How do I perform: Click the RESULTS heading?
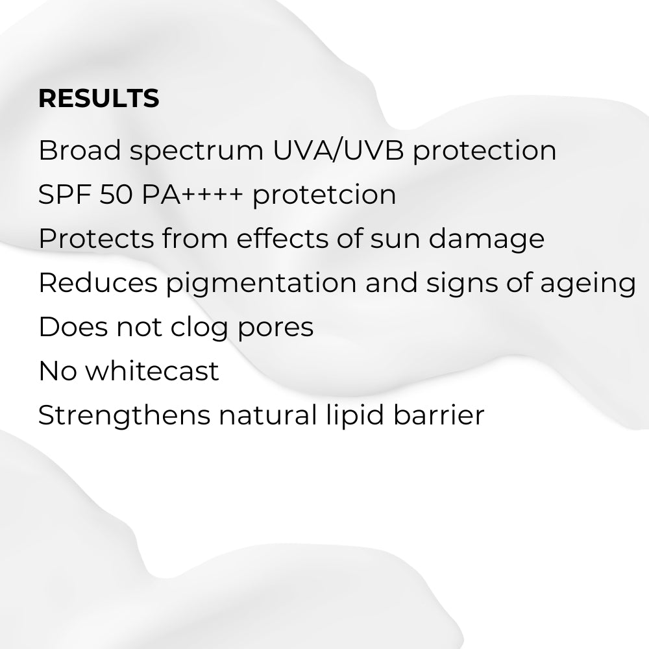(99, 98)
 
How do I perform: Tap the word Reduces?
(97, 283)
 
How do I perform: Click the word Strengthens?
(124, 416)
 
